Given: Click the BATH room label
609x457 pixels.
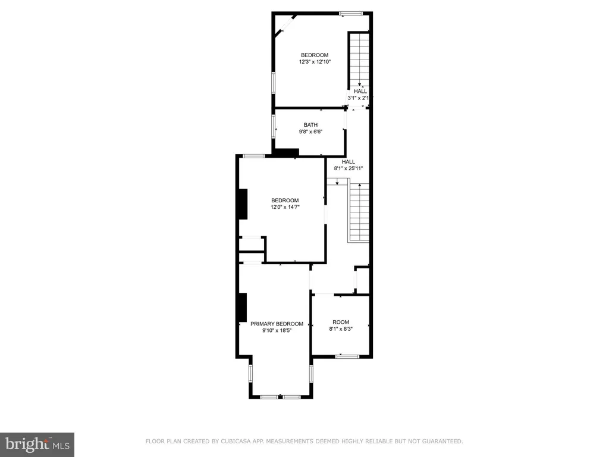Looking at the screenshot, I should coord(310,125).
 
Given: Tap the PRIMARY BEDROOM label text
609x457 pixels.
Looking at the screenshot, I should coord(277,324).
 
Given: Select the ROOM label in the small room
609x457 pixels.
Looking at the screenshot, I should coord(341,322).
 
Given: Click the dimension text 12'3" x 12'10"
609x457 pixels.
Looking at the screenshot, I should coord(314,62).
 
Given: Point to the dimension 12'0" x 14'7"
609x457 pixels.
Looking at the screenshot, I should coord(285,207).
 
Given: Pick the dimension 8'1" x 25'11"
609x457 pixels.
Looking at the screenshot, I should coord(348,168).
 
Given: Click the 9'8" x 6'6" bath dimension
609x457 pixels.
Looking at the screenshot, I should coord(310,132).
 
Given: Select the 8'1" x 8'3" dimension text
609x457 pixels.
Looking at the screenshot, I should coord(341,328).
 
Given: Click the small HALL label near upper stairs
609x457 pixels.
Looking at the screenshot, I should coord(360,91).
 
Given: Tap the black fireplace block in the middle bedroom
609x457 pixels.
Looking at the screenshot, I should coord(243,204).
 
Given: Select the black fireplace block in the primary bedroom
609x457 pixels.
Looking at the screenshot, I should coord(242,307).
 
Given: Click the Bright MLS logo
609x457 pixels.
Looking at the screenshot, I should coord(37,444).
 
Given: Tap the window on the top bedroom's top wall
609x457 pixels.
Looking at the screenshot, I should coord(351,13).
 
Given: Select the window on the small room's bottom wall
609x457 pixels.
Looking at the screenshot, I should coord(347,356).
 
